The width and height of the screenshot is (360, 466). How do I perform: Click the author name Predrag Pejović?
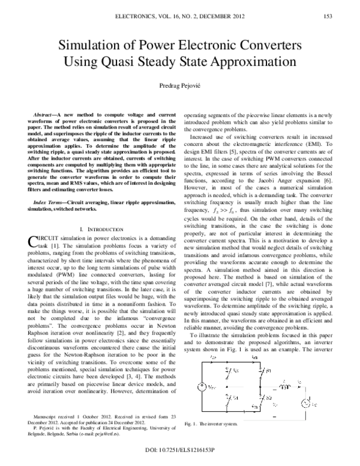180,86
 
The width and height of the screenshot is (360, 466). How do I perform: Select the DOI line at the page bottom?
180,450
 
